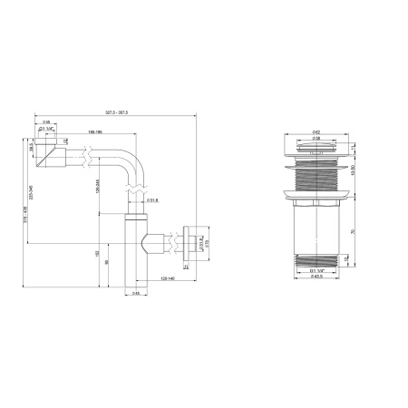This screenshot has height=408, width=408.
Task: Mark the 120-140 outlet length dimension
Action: [x=168, y=280]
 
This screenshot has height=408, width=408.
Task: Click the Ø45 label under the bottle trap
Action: [x=136, y=293]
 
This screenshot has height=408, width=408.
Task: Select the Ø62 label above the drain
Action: [x=316, y=133]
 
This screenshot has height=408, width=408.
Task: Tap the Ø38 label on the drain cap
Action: [x=316, y=139]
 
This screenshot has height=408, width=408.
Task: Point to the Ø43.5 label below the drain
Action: [x=316, y=277]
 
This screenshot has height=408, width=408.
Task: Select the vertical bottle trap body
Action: [x=134, y=258]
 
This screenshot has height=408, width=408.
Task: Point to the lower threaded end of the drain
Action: [x=317, y=261]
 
